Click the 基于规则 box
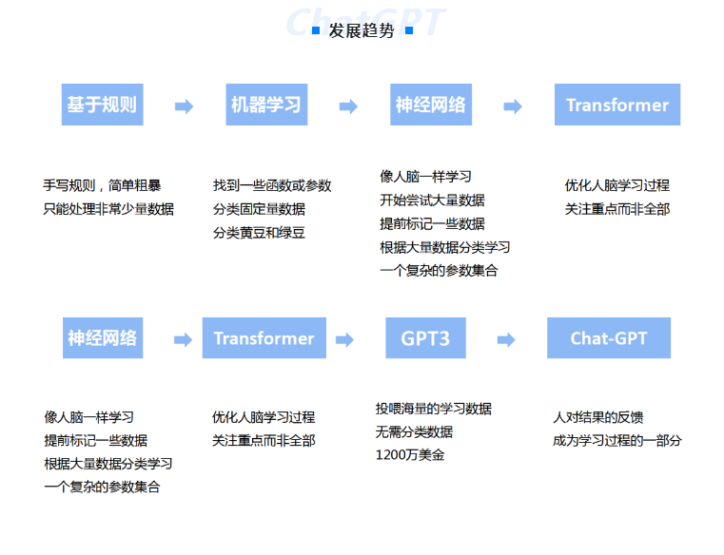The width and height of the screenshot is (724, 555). pyautogui.click(x=102, y=105)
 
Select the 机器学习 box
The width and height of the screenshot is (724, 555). pyautogui.click(x=266, y=105)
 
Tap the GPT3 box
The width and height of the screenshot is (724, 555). pyautogui.click(x=425, y=337)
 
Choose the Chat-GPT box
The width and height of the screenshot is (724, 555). pyautogui.click(x=609, y=337)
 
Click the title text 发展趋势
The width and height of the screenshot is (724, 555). pyautogui.click(x=362, y=30)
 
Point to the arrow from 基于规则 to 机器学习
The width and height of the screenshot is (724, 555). pyautogui.click(x=184, y=106)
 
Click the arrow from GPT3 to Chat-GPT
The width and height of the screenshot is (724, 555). pyautogui.click(x=506, y=340)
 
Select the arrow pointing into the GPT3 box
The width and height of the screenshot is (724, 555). pyautogui.click(x=344, y=340)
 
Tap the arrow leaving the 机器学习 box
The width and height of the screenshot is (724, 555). pyautogui.click(x=348, y=106)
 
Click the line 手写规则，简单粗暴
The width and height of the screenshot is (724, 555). pyautogui.click(x=102, y=185)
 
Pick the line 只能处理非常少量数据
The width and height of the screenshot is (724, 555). pyautogui.click(x=108, y=209)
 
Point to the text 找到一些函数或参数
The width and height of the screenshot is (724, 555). pyautogui.click(x=272, y=185)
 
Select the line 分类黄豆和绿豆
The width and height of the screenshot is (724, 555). pyautogui.click(x=259, y=233)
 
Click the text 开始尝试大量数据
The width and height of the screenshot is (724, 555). pyautogui.click(x=432, y=201)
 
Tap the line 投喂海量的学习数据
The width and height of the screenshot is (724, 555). pyautogui.click(x=434, y=409)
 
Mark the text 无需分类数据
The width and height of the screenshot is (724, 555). pyautogui.click(x=414, y=431)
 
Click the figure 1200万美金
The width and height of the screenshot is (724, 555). pyautogui.click(x=410, y=455)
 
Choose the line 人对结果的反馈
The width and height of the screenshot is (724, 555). pyautogui.click(x=598, y=417)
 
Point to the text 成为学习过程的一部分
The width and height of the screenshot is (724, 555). pyautogui.click(x=617, y=441)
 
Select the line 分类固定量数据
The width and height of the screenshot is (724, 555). pyautogui.click(x=259, y=209)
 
